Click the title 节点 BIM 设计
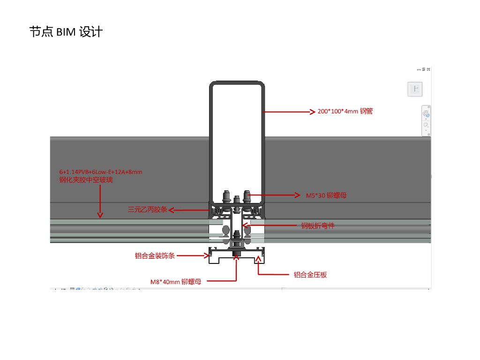point(66,32)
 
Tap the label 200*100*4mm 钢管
point(345,112)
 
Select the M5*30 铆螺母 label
point(326,195)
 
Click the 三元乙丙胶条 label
point(147,210)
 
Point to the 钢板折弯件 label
point(318,226)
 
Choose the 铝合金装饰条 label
point(155,255)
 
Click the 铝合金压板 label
point(310,275)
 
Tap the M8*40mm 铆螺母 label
point(176,282)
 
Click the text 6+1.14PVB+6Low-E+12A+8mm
point(101,172)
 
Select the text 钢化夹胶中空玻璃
point(86,180)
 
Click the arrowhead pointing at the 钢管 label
point(312,112)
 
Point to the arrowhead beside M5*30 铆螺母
point(297,195)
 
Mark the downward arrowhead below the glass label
point(100,215)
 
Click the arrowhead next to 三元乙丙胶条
point(172,210)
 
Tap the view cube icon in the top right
point(415,89)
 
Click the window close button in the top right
point(428,69)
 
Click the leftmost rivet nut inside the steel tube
point(226,196)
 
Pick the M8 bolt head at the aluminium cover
point(236,254)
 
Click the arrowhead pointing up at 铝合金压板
point(259,259)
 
